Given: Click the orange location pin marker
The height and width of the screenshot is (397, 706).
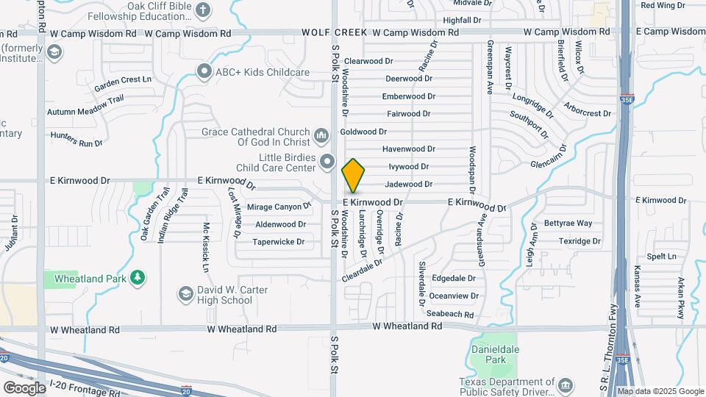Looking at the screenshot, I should (x=354, y=176).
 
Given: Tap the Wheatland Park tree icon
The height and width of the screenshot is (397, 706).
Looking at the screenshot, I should (x=136, y=277).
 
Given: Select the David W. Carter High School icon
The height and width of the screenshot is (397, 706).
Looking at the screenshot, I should (x=186, y=295).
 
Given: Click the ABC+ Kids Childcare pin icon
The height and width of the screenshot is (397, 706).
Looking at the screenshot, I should (x=204, y=71).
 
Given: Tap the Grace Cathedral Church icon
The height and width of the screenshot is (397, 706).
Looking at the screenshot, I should (x=321, y=136).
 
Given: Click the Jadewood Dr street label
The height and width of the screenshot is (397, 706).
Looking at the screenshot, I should (x=408, y=184).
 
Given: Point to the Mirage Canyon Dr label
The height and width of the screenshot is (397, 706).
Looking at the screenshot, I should (x=274, y=207).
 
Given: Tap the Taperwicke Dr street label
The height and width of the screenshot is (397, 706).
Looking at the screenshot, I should (x=279, y=241).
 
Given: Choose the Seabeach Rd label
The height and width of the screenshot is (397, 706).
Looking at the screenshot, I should (x=450, y=313).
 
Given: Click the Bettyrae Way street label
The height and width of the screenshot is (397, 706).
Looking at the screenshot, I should (x=568, y=223).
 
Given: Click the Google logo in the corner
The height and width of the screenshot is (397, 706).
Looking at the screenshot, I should (x=24, y=387).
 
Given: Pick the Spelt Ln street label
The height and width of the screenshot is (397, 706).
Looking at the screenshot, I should (x=660, y=256).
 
